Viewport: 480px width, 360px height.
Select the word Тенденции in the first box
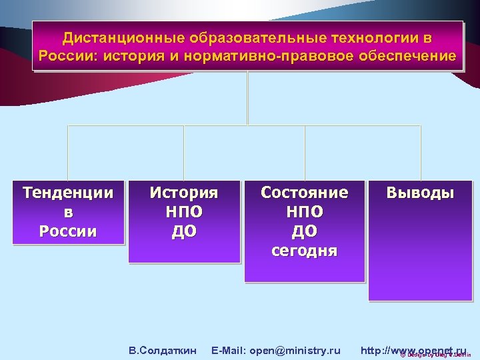coord(68,193)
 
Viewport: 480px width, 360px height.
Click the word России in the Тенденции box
coord(68,231)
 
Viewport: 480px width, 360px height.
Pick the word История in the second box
coord(184,193)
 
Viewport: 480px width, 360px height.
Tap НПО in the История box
coord(184,212)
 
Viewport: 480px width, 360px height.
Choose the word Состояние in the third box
coord(305,193)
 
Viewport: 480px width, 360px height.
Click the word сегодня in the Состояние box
coord(305,251)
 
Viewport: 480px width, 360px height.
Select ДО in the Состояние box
coord(305,231)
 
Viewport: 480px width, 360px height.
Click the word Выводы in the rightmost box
coord(421,193)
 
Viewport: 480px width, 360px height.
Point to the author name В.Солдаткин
coord(163,350)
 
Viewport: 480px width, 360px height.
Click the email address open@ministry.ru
coord(295,350)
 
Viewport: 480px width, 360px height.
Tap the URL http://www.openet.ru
coord(413,350)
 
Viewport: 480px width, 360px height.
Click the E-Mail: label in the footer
coord(229,350)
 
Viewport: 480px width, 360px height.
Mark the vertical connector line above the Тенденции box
coord(68,152)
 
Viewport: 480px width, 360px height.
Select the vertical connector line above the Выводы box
coord(421,152)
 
